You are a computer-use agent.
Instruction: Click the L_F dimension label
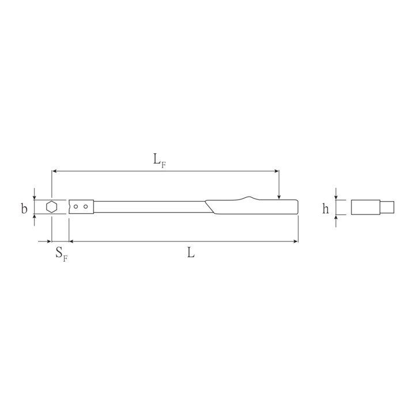click(x=160, y=161)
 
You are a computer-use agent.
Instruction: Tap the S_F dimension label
click(x=62, y=254)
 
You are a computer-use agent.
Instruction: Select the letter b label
click(x=24, y=208)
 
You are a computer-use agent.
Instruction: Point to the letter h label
click(x=326, y=208)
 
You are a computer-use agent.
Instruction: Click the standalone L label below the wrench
click(x=191, y=252)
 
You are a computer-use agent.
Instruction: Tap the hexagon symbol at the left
click(x=52, y=207)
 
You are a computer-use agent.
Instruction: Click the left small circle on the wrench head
click(x=76, y=206)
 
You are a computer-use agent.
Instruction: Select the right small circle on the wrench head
click(x=85, y=206)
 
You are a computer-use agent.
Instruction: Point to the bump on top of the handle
click(x=249, y=198)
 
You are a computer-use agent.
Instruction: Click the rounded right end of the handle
click(x=297, y=207)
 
